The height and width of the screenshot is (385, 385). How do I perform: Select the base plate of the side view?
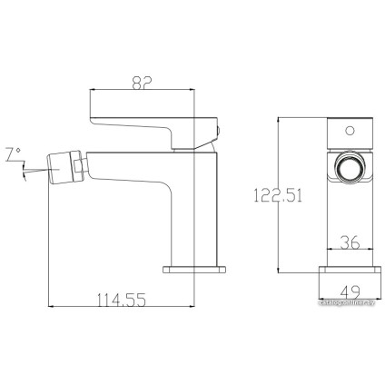[192, 270]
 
